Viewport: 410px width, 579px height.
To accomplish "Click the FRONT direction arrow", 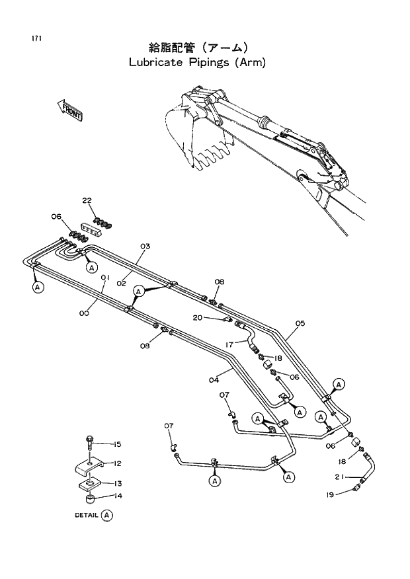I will [x=69, y=109].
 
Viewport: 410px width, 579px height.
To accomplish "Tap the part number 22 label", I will [x=87, y=200].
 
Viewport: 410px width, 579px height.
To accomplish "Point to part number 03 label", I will [x=145, y=247].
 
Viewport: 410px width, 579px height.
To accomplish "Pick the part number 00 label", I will [x=84, y=314].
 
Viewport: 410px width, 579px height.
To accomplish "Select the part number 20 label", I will [x=198, y=318].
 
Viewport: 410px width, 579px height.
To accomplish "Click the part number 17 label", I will [x=229, y=344].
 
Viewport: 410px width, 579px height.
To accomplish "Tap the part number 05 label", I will [x=300, y=323].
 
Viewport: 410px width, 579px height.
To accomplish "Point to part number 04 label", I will [x=213, y=379].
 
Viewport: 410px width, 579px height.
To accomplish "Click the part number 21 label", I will [x=338, y=477].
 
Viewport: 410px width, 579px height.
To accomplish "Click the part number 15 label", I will [x=117, y=444].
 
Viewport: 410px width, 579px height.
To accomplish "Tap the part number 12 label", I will [x=117, y=463].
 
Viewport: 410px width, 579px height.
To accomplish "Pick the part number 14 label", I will [x=117, y=496].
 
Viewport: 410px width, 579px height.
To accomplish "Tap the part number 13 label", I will [x=117, y=483].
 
